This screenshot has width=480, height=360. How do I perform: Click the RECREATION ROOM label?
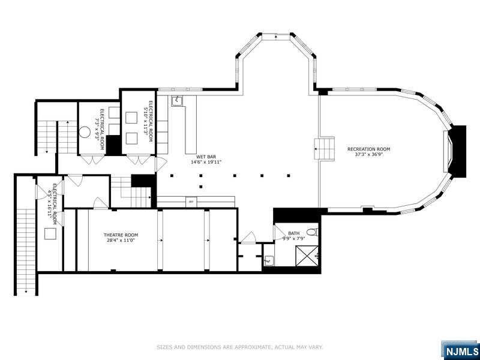368,149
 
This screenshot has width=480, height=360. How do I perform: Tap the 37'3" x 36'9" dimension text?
368,155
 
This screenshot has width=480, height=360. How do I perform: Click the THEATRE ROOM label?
121,235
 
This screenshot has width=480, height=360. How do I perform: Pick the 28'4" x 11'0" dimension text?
121,241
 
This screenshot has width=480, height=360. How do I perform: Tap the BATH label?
293,233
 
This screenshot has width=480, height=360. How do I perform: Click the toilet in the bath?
311,232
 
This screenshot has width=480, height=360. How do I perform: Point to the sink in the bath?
268,260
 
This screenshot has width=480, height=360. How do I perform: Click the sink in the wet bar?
177,101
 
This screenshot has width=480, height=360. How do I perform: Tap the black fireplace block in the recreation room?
458,151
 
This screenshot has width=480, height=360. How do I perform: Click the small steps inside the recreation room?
325,148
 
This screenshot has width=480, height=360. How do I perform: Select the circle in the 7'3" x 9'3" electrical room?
85,133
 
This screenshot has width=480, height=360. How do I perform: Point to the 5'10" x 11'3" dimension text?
145,118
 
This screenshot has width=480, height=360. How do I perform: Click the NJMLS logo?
461,350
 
